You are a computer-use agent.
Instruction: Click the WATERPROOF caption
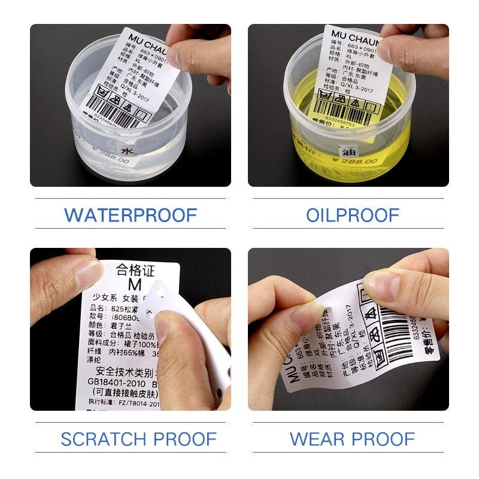[131, 214]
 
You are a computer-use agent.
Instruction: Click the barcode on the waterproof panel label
[111, 113]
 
